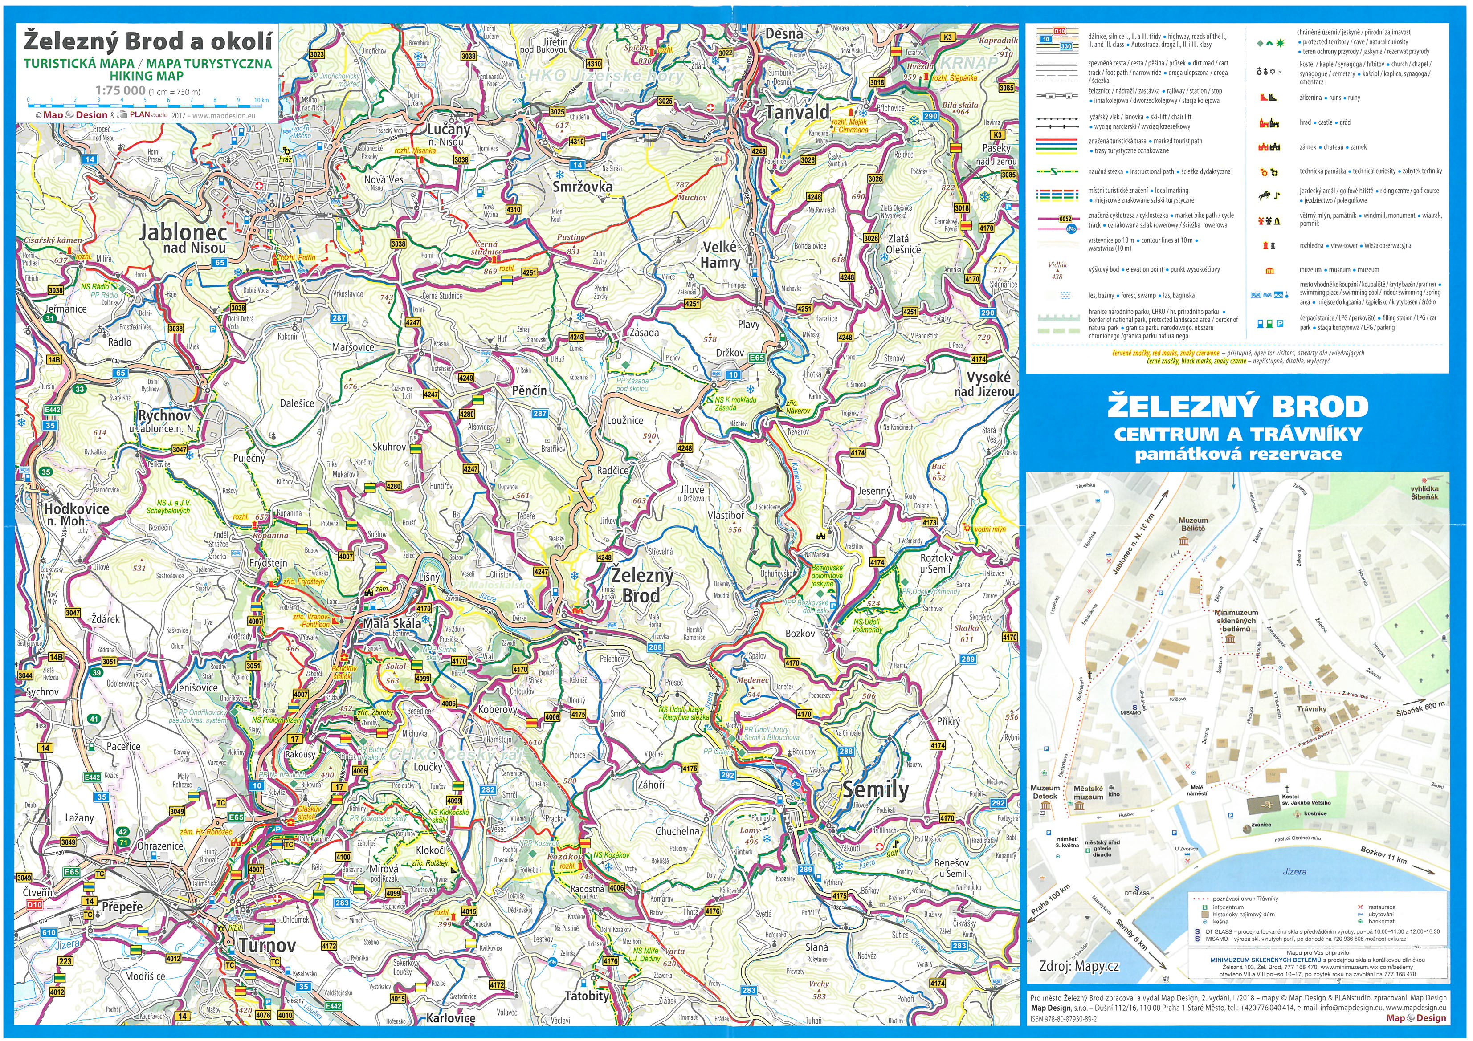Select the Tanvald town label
coord(797,112)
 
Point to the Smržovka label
coord(583,187)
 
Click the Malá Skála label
coord(392,623)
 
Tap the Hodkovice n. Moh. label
coord(76,514)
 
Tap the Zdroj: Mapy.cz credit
coord(1079,966)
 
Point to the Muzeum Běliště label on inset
coord(1193,524)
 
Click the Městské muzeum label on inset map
coord(1088,793)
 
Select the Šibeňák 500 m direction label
coord(1420,709)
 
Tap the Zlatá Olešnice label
coord(903,244)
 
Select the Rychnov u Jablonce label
coord(164,421)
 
